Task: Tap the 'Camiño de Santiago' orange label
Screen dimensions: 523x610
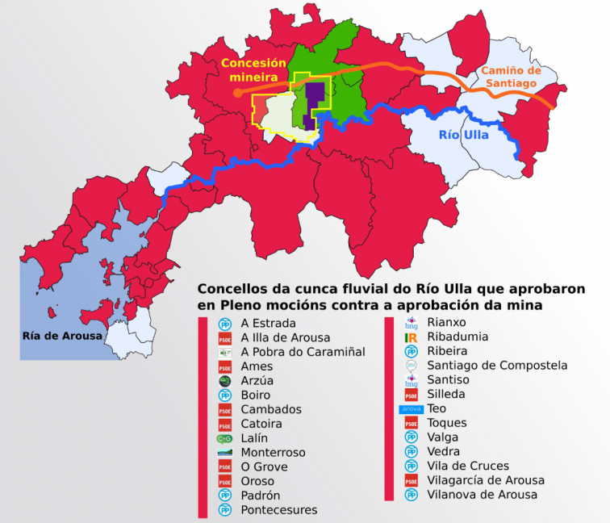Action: point(509,77)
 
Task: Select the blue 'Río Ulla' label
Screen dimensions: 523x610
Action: point(463,136)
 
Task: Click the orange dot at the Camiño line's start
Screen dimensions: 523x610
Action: point(237,93)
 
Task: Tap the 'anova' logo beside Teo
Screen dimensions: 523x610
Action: point(411,409)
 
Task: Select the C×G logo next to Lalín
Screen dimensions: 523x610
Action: point(225,438)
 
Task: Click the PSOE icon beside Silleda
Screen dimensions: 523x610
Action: point(411,395)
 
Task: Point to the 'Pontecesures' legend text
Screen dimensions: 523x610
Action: point(279,509)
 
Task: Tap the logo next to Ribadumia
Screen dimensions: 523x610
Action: point(411,337)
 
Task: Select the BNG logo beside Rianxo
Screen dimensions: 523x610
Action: point(411,323)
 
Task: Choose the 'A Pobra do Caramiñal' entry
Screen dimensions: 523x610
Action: point(303,352)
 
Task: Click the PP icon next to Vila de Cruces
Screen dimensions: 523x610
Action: point(411,467)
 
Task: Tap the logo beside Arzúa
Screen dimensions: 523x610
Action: point(225,381)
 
